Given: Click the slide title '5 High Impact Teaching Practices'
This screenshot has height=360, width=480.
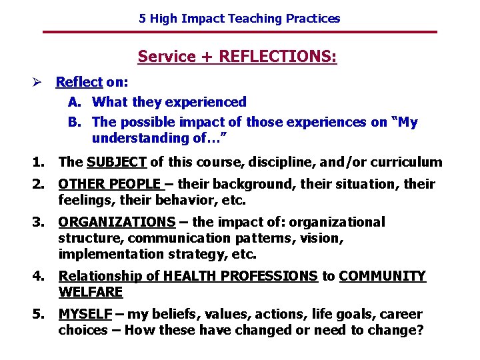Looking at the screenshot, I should (x=239, y=19).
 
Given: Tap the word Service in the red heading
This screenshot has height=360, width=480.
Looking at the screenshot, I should (x=166, y=57).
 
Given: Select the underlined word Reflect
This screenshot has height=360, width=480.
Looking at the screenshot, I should (x=79, y=83).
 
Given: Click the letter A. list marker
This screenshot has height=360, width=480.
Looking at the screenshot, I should (x=75, y=103).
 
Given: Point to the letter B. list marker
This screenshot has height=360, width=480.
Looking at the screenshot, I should (x=75, y=123).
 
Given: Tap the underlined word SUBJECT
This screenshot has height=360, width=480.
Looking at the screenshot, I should (x=117, y=162).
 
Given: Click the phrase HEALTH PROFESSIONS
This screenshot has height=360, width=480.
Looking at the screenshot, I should (x=239, y=276).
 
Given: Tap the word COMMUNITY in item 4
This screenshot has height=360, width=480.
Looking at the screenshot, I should (x=382, y=276).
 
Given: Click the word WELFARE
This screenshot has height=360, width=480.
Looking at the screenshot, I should (x=91, y=292).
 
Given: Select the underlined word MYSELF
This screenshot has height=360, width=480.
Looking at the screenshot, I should (x=84, y=314).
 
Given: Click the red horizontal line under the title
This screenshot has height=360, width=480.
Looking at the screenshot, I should (x=239, y=32).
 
